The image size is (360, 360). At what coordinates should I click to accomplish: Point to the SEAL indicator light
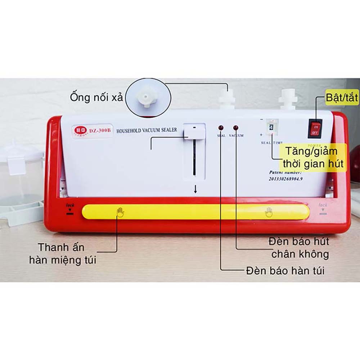(x=221, y=128)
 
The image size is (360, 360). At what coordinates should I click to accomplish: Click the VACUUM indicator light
(x=236, y=128)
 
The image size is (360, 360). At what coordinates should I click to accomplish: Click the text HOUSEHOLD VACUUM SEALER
(x=147, y=130)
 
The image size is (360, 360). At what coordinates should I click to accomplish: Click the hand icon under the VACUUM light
(x=269, y=212)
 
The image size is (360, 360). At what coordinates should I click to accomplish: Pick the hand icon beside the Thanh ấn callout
(x=120, y=212)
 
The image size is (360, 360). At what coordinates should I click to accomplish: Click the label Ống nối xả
(x=97, y=97)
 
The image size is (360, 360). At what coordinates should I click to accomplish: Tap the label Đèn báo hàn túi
(x=285, y=270)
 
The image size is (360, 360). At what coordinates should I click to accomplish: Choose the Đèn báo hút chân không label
(x=299, y=247)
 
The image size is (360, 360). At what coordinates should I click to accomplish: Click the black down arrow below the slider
(x=195, y=189)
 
